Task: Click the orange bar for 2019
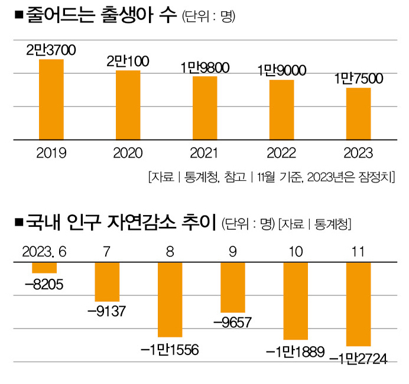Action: pyautogui.click(x=51, y=99)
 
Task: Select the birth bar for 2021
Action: pyautogui.click(x=205, y=108)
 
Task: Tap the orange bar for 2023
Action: pyautogui.click(x=359, y=114)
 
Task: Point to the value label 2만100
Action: pyautogui.click(x=128, y=61)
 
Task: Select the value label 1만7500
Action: pyautogui.click(x=358, y=79)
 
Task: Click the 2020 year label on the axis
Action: pyautogui.click(x=128, y=154)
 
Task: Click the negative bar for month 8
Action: pyautogui.click(x=170, y=300)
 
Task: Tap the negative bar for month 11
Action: pyautogui.click(x=358, y=304)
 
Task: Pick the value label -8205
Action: pyautogui.click(x=44, y=286)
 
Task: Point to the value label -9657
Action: pyautogui.click(x=233, y=323)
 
